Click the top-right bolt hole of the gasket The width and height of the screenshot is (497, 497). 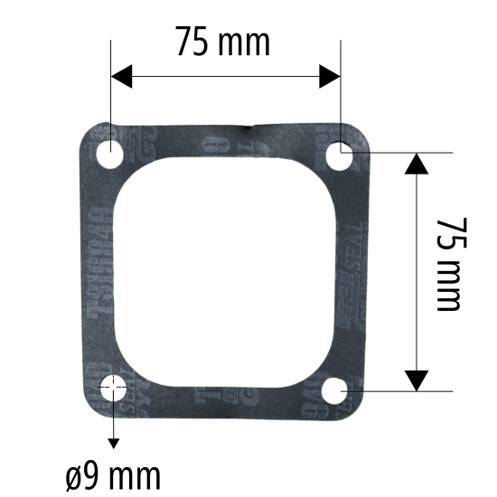[341, 156]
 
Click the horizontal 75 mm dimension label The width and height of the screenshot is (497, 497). [222, 42]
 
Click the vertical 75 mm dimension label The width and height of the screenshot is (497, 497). [448, 263]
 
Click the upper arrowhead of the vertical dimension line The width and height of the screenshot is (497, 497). [416, 164]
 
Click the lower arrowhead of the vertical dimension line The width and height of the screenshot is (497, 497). [416, 380]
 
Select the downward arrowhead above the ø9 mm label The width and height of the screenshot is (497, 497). [114, 442]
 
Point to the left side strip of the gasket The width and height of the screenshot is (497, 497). [101, 271]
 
